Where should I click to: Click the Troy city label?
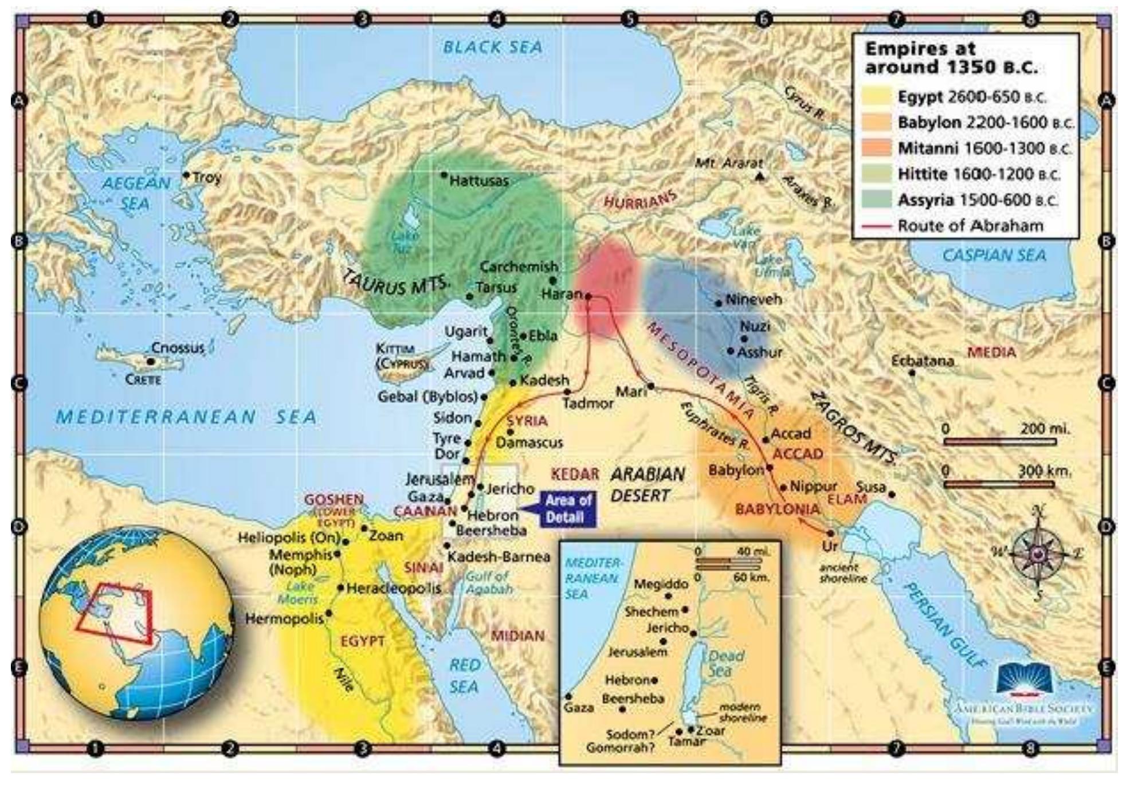click(x=207, y=177)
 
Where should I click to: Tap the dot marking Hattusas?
click(x=444, y=174)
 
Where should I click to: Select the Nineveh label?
click(x=753, y=299)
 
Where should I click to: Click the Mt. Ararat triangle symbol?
click(x=760, y=177)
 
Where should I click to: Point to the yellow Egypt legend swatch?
click(x=877, y=97)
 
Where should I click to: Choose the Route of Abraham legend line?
click(x=877, y=226)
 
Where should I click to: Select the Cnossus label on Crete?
click(x=178, y=348)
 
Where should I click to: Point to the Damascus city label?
click(x=529, y=442)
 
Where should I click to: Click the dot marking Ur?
click(x=830, y=533)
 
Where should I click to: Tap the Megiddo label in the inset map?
click(x=661, y=584)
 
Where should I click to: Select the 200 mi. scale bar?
click(x=999, y=442)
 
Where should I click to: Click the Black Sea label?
click(x=493, y=47)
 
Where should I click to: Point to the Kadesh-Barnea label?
click(x=498, y=556)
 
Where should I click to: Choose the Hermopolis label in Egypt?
click(x=284, y=619)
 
